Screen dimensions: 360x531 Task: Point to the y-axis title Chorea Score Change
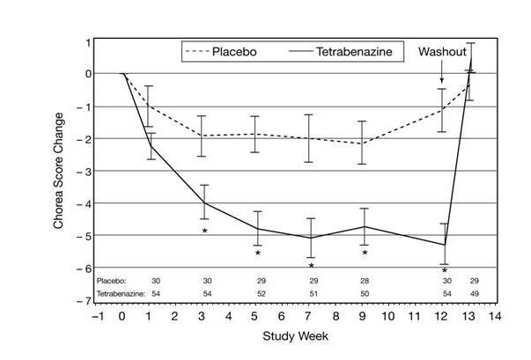(59, 170)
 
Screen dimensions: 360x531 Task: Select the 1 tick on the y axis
(88, 41)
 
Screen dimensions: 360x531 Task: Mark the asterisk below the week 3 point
(204, 231)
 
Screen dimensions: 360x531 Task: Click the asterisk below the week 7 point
(311, 265)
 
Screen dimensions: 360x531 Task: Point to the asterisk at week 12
(445, 270)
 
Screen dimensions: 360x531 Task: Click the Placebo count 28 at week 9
(364, 279)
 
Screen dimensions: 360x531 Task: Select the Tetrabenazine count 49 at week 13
(474, 292)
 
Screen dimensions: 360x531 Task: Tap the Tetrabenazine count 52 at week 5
(258, 292)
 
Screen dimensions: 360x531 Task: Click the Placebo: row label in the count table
(112, 279)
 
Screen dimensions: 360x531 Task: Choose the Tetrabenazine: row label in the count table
(120, 292)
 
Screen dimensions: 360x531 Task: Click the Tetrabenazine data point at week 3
(204, 202)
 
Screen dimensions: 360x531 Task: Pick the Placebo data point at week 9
(364, 143)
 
